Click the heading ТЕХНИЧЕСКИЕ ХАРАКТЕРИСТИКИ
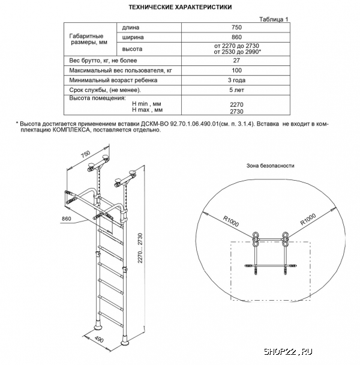[181, 7]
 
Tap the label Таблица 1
[274, 19]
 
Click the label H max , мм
[146, 110]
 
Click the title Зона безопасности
[271, 165]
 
